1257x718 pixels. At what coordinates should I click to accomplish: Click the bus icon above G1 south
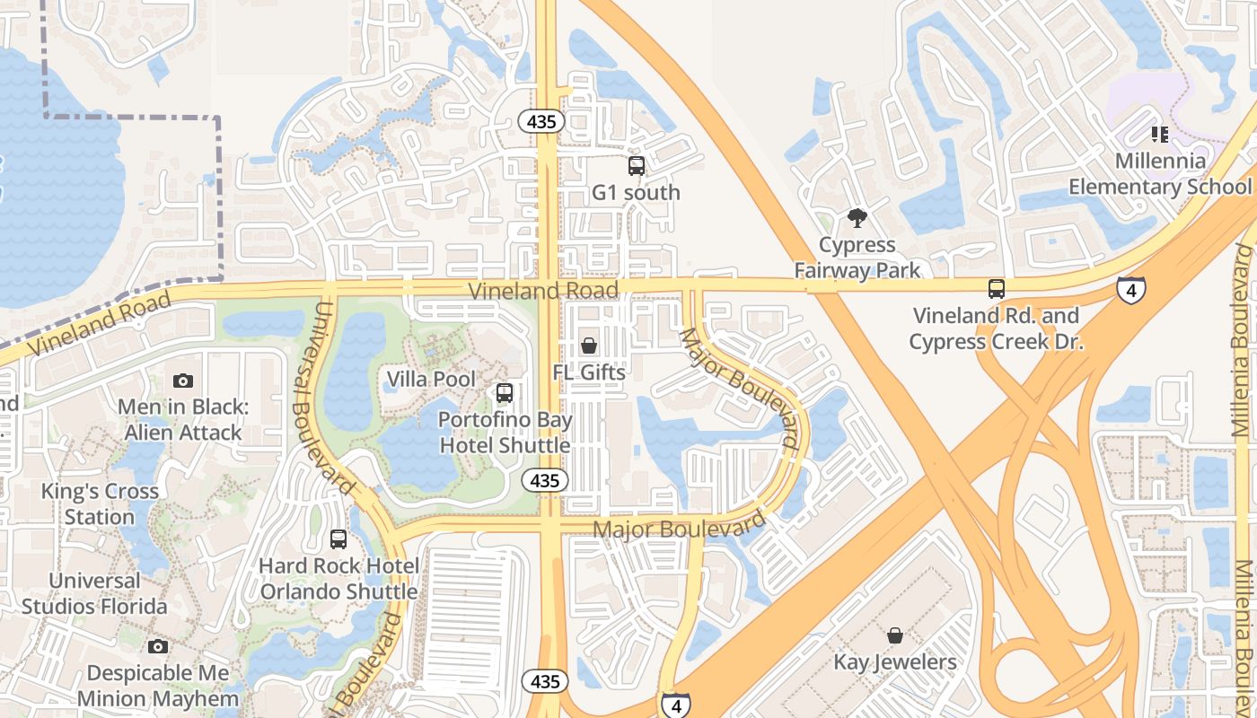pos(636,165)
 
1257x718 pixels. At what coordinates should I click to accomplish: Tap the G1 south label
pos(636,192)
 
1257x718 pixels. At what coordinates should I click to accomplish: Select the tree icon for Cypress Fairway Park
pos(857,217)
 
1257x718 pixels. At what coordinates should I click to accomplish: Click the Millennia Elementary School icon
pos(1159,135)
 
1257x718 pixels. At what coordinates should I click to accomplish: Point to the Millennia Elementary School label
pos(1160,174)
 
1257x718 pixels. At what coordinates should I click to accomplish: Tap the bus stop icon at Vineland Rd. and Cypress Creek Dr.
pos(996,289)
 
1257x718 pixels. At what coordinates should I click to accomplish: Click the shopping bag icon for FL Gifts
pos(589,346)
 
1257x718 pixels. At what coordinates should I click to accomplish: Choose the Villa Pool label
pos(431,379)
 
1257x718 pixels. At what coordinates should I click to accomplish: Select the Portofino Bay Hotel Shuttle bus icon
pos(505,393)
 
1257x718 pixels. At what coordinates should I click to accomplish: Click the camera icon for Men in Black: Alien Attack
pos(183,381)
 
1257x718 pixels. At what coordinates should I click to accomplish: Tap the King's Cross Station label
pos(100,504)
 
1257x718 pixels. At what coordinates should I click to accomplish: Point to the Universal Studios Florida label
pos(94,594)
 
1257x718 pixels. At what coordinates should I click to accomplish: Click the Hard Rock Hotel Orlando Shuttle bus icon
pos(338,539)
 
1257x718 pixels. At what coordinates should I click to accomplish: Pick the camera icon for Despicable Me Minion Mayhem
pos(158,646)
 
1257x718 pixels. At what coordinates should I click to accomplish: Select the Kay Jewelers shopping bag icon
pos(895,636)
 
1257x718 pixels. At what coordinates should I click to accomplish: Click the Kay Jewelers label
pos(895,662)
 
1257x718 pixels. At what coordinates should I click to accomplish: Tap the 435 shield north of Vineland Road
pos(541,121)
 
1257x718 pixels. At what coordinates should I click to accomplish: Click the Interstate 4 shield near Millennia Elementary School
pos(1131,289)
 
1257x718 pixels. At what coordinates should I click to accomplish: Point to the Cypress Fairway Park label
pos(857,257)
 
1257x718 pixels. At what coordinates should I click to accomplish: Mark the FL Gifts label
pos(589,372)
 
